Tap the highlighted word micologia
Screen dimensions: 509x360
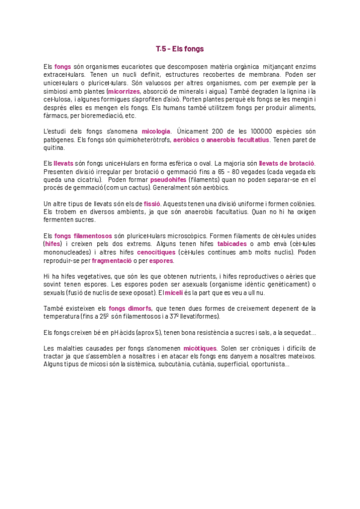[x=157, y=131]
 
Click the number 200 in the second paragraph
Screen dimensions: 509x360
[x=218, y=131]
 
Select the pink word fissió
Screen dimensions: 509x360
[x=152, y=204]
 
